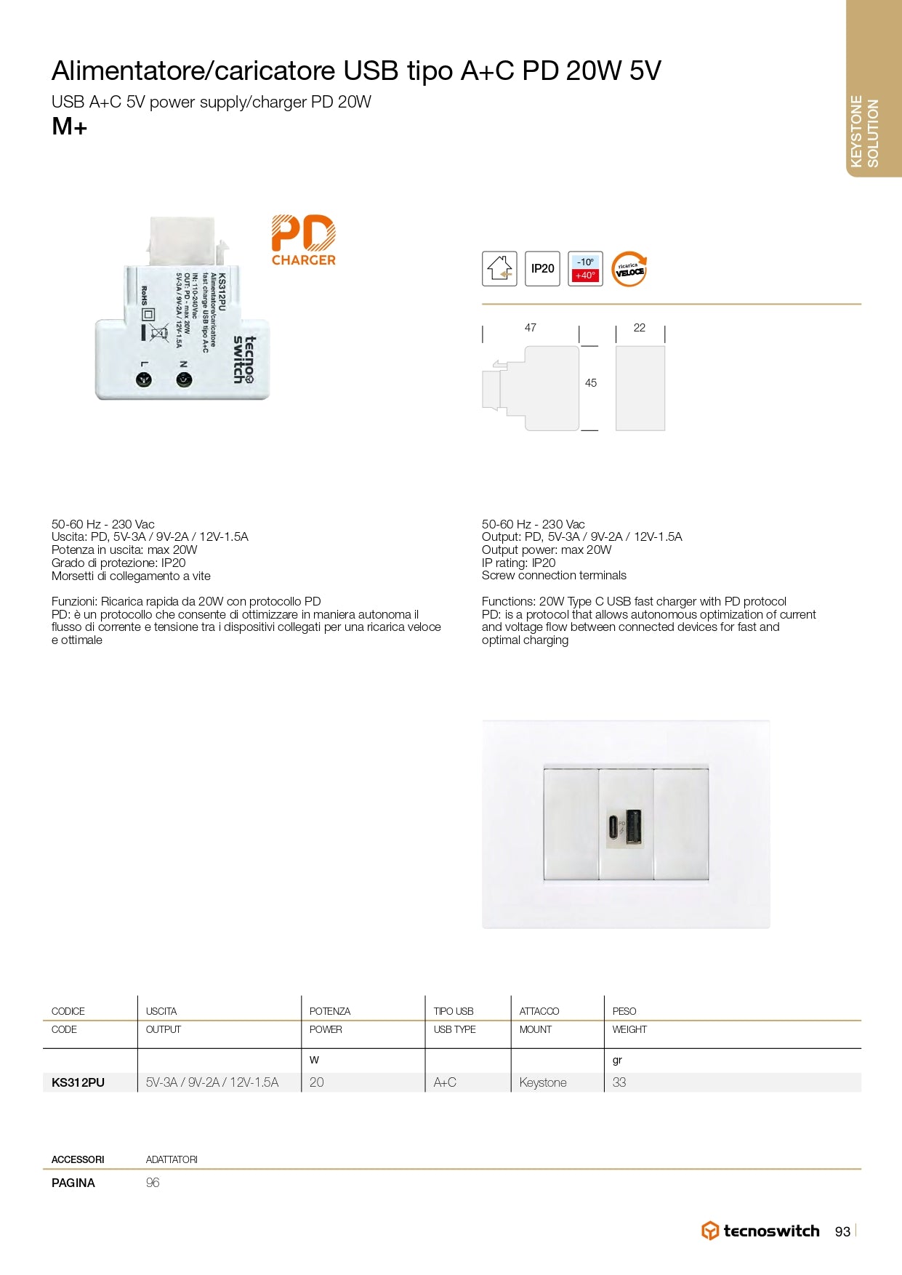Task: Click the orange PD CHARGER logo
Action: coord(303,240)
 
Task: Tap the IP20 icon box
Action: coord(542,268)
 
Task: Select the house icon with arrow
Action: coord(499,268)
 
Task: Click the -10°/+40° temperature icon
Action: coord(585,268)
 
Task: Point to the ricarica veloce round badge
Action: coord(629,269)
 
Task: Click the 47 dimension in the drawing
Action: coord(531,328)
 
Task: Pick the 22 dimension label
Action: coord(640,328)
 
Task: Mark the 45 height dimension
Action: coord(591,383)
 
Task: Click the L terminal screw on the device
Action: coord(144,379)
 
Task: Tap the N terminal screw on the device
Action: coord(184,379)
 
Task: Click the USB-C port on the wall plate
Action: coord(614,827)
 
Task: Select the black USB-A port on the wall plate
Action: coord(633,827)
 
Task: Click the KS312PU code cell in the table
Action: coord(78,1082)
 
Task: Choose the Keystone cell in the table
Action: coord(543,1082)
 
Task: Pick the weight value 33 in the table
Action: coord(619,1082)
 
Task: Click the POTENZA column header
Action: coord(330,1011)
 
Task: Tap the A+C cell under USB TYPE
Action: coord(445,1082)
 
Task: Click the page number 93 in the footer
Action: coord(842,1231)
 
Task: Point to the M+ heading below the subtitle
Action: coord(70,127)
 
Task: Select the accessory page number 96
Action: coord(153,1183)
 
